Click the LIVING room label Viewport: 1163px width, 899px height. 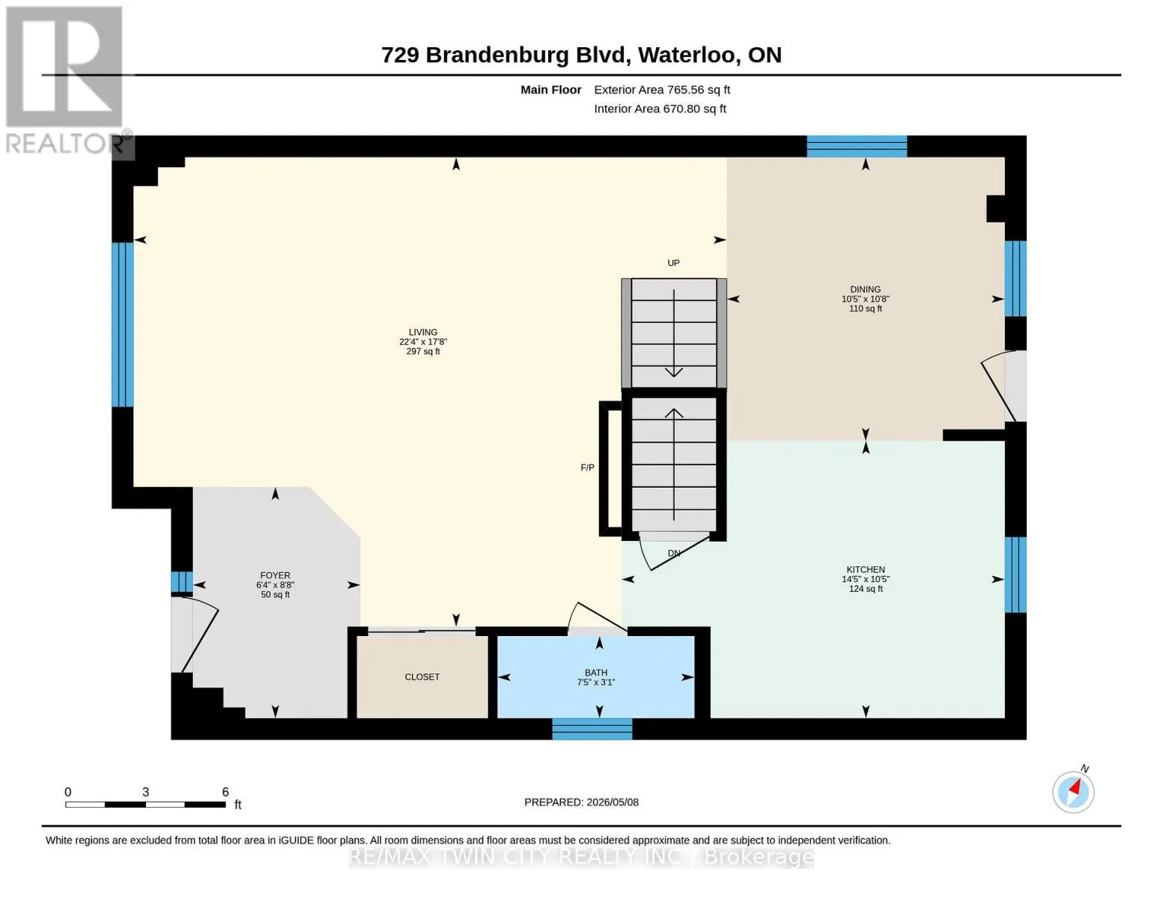point(423,332)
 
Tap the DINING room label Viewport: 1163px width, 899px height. point(865,289)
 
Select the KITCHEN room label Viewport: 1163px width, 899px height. point(866,569)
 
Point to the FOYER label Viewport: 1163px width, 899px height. point(275,575)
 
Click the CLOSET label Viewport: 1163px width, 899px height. point(422,676)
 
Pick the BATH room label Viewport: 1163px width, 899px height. point(595,673)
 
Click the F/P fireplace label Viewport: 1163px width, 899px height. point(587,467)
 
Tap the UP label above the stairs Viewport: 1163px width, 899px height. point(673,263)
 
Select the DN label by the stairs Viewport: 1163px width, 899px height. point(674,553)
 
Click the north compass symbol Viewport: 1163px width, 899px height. point(1073,793)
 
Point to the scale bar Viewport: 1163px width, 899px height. point(145,804)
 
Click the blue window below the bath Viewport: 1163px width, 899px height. point(592,729)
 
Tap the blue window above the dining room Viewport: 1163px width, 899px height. point(857,146)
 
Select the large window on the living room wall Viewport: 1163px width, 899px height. point(123,324)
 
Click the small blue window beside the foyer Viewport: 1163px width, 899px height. point(181,582)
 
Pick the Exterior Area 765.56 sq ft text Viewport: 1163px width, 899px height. point(662,90)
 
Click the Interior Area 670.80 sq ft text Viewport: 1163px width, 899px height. point(660,109)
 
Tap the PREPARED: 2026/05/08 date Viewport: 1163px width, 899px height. point(581,802)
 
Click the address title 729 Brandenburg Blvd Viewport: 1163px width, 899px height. point(503,55)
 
